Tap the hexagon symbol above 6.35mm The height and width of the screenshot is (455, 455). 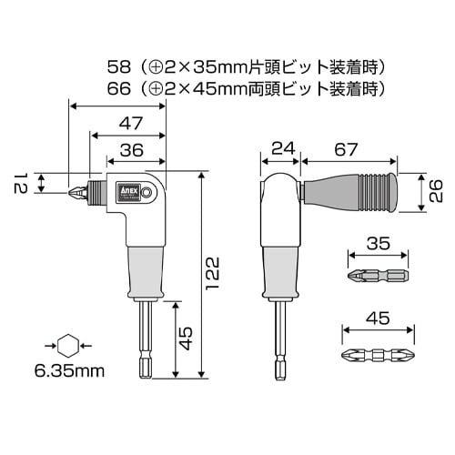tap(66, 345)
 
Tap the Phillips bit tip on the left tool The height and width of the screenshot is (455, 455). tap(77, 192)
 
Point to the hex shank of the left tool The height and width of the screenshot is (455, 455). tap(145, 341)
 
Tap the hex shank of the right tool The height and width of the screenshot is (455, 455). tap(278, 341)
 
